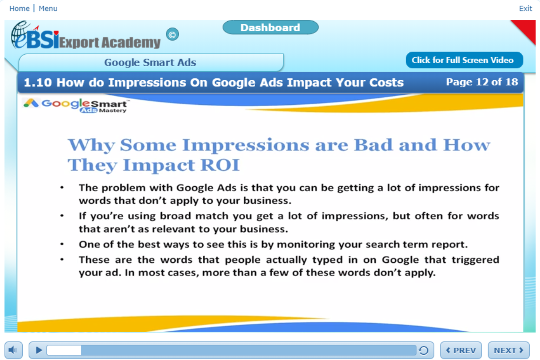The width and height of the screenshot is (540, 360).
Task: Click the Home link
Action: click(x=19, y=8)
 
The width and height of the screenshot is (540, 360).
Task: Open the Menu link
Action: click(x=48, y=8)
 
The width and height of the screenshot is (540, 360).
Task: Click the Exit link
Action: click(x=525, y=8)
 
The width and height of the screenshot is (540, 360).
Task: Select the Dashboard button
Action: click(x=270, y=27)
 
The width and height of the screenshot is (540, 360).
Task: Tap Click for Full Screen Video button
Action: click(x=464, y=60)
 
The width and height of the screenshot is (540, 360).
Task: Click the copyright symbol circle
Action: click(x=172, y=34)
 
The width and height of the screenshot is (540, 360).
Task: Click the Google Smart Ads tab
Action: click(x=151, y=62)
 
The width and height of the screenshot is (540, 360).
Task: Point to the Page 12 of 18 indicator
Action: click(x=482, y=82)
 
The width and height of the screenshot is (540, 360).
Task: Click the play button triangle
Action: click(x=39, y=350)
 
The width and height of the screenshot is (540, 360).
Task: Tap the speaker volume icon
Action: click(x=13, y=350)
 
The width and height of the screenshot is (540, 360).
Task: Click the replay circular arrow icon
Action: click(x=424, y=351)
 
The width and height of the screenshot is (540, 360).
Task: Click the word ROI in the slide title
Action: click(x=220, y=165)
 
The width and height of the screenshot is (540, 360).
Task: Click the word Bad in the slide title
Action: click(x=374, y=145)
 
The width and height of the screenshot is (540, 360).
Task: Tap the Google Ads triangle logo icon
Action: click(x=31, y=103)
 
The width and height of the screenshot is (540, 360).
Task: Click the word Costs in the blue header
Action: click(x=386, y=83)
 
